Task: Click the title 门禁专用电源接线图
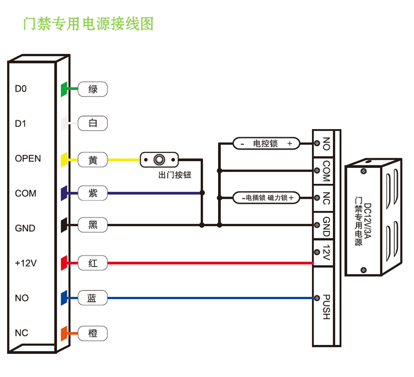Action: click(87, 24)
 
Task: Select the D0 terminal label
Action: click(21, 89)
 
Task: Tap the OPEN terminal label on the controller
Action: click(28, 159)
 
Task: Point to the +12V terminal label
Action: click(25, 263)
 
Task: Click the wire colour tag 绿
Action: click(92, 89)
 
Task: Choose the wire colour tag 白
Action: click(92, 124)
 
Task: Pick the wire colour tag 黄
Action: click(92, 160)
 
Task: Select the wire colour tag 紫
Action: click(92, 193)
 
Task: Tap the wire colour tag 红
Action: click(92, 263)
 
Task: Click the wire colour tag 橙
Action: click(92, 333)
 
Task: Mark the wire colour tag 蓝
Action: click(92, 298)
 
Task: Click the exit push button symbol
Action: click(160, 160)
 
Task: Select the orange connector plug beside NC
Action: click(63, 333)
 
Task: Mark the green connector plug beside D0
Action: click(63, 89)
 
